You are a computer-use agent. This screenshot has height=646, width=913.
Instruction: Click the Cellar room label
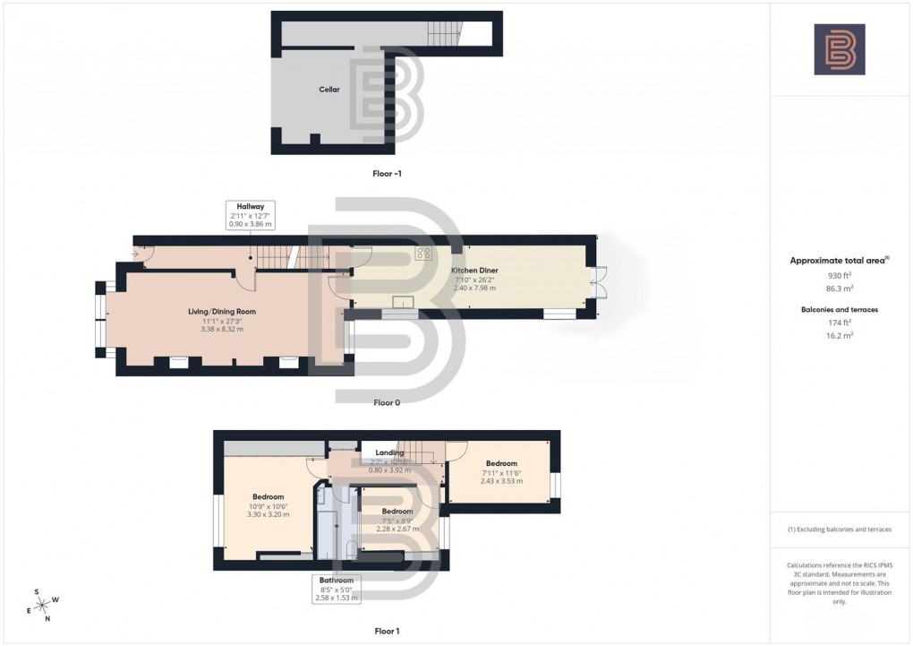pos(329,90)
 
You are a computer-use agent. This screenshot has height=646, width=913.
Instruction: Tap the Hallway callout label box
pos(250,214)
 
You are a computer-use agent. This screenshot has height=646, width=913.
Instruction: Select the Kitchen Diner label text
pos(474,271)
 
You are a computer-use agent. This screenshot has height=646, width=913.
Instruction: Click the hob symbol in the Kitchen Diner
pos(423,254)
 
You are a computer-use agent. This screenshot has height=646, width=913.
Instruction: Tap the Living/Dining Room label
pos(222,311)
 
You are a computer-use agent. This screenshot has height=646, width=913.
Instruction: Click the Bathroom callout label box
pos(338,589)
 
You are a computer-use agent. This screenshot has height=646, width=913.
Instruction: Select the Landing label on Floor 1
pos(389,453)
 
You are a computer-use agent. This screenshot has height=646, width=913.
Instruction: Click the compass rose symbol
pos(42,606)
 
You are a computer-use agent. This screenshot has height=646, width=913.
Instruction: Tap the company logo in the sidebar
pos(840,49)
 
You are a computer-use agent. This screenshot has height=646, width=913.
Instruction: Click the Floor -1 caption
pos(387,173)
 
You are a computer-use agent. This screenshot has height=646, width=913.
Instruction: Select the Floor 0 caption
pos(387,403)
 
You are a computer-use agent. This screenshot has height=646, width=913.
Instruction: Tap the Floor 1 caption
pos(387,632)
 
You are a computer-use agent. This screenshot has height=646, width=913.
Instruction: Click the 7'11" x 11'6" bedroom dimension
pos(501,472)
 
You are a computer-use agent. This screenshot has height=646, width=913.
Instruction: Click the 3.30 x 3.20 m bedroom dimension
pos(268,515)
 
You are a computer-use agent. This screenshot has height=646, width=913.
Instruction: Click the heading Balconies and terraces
pos(839,309)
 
